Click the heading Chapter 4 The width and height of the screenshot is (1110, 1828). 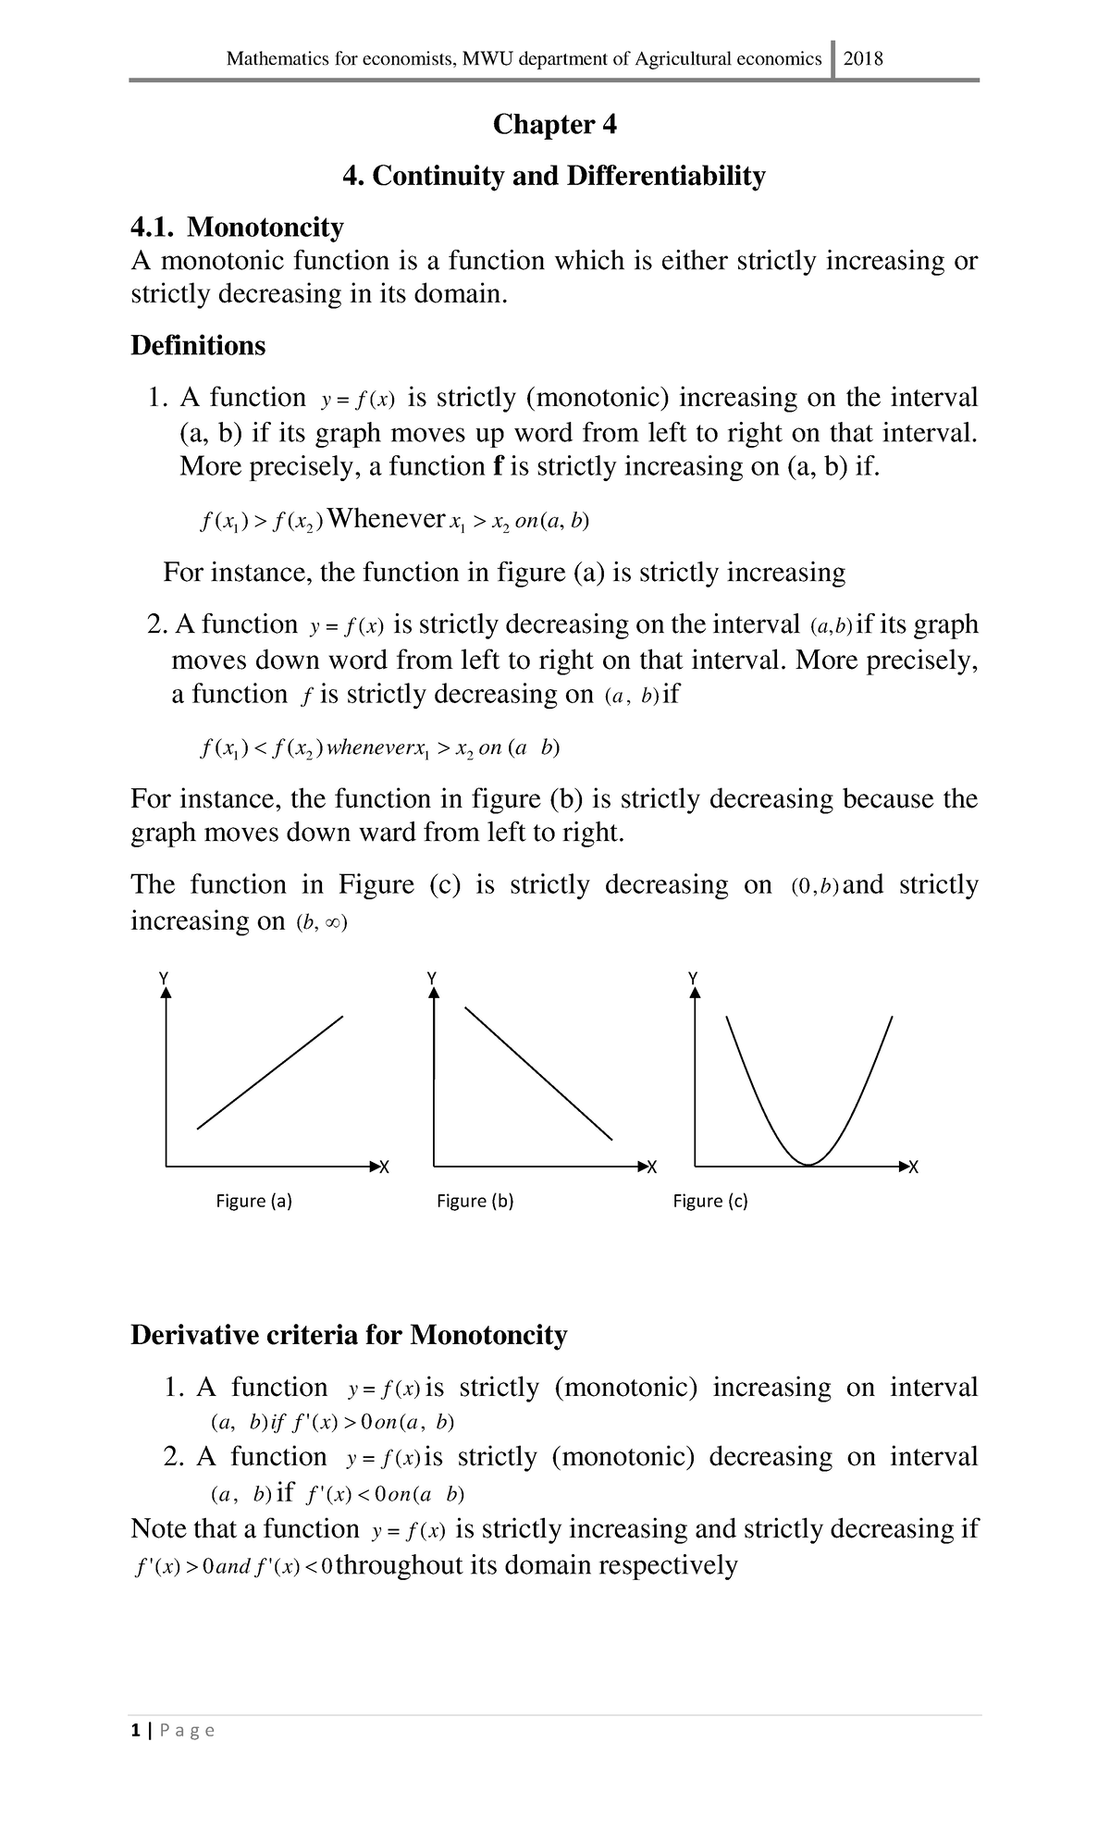click(x=554, y=124)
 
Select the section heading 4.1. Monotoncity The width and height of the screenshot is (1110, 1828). click(x=237, y=227)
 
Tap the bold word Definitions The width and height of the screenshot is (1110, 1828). click(x=198, y=345)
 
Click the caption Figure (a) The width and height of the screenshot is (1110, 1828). click(x=253, y=1201)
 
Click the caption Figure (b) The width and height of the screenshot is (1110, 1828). click(x=475, y=1201)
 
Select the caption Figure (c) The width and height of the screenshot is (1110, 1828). click(x=709, y=1201)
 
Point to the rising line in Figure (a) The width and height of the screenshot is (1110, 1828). click(x=270, y=1073)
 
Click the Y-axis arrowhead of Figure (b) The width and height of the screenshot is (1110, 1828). click(x=432, y=992)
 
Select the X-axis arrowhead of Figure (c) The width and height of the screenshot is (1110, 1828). click(x=903, y=1165)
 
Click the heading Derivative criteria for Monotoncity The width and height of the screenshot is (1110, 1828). click(x=349, y=1335)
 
